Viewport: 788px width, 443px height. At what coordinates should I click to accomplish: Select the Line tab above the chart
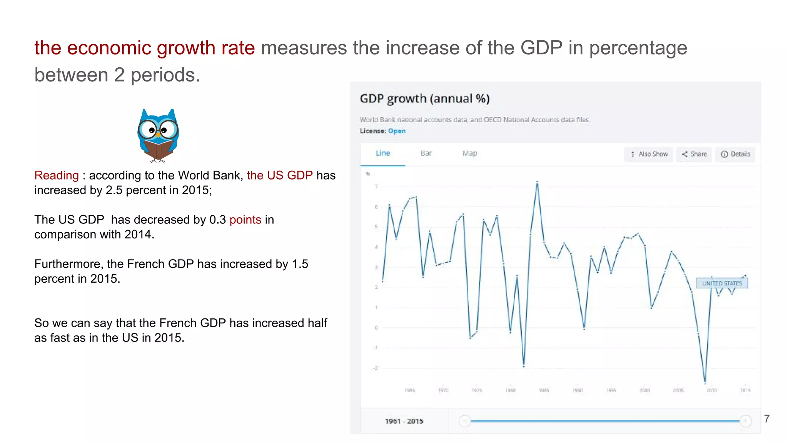(x=382, y=153)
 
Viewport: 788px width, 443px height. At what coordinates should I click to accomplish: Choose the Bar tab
(x=426, y=153)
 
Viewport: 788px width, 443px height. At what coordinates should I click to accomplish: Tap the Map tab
(x=469, y=153)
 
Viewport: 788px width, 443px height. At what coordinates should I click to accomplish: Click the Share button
(x=694, y=154)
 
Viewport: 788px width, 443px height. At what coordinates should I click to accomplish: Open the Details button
(x=735, y=154)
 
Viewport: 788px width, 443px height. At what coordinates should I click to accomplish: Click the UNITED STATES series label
(x=722, y=283)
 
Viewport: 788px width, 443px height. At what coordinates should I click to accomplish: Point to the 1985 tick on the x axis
(x=544, y=390)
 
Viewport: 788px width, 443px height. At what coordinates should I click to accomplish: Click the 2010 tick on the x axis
(x=711, y=390)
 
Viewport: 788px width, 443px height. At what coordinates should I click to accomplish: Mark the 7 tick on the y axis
(x=376, y=187)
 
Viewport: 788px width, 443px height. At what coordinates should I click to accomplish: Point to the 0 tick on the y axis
(x=376, y=328)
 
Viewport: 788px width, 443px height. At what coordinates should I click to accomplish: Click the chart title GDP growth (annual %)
(x=424, y=99)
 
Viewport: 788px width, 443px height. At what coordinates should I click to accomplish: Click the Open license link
(x=397, y=131)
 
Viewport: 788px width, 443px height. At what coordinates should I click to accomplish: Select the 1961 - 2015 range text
(x=404, y=421)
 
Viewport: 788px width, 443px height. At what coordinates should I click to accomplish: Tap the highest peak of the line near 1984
(x=537, y=182)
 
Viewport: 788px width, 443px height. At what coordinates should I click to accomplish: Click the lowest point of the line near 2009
(x=705, y=383)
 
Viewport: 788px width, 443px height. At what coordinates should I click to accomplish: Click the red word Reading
(x=57, y=175)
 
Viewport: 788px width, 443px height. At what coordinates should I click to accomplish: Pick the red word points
(x=245, y=220)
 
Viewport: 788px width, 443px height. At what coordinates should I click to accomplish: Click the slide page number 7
(x=766, y=419)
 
